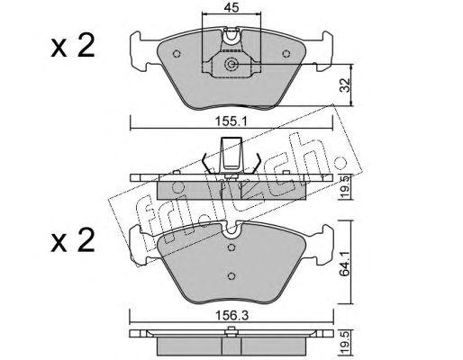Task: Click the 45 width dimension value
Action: [231, 7]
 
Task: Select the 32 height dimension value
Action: [346, 85]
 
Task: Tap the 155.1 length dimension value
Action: [231, 121]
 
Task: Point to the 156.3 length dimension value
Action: [232, 316]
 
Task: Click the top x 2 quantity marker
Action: [73, 46]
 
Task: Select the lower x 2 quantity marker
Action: [73, 240]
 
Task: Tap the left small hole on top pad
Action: [177, 54]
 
